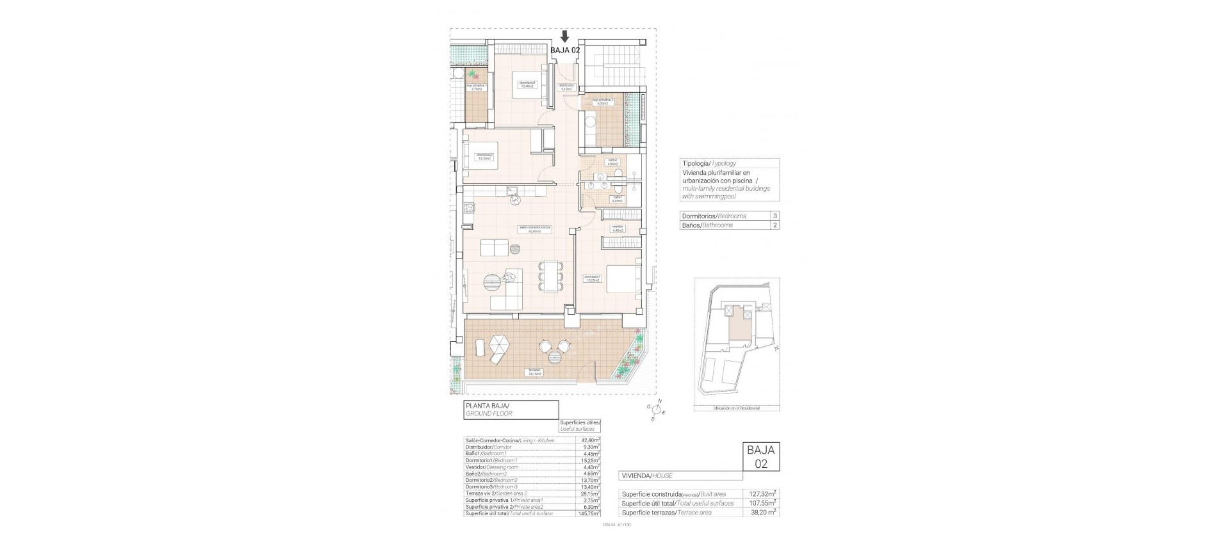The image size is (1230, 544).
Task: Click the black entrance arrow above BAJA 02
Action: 564,36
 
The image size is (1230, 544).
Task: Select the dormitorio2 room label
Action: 484,156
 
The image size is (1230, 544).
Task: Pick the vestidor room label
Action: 618,228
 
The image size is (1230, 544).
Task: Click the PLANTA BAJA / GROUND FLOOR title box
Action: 511,410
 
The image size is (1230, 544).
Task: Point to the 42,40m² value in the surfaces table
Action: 589,440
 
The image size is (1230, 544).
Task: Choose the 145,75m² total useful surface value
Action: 589,513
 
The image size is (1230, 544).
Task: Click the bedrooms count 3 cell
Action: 775,216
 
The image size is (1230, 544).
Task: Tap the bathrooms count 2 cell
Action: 775,225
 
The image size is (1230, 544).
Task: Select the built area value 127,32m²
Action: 762,493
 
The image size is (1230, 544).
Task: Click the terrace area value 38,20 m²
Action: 762,513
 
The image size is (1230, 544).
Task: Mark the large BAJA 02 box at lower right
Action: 761,456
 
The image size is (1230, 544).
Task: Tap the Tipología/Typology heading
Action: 709,163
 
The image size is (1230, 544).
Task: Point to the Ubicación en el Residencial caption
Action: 736,408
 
